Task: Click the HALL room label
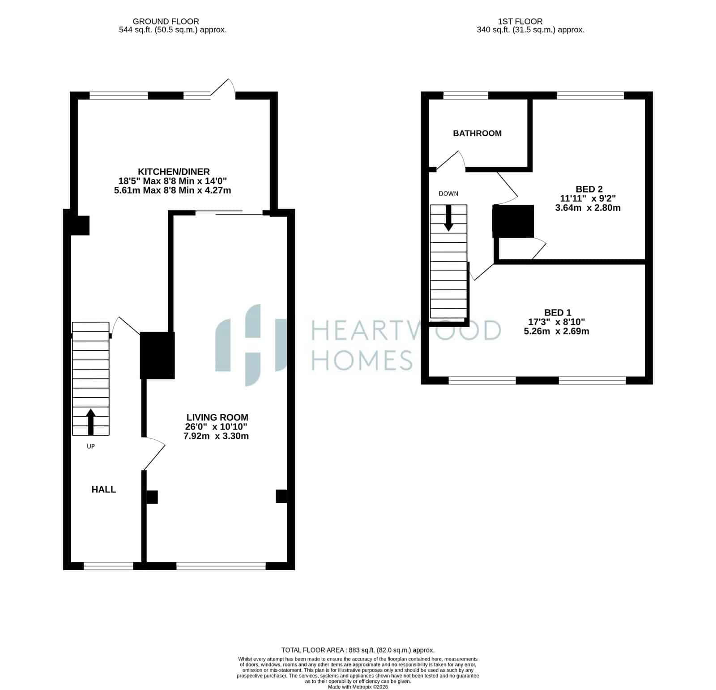coord(104,489)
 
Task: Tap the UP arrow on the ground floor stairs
coord(91,422)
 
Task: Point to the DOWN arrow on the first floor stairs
coord(448,218)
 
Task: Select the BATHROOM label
coord(477,133)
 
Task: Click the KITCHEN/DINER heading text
coord(174,172)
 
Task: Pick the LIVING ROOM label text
coord(217,417)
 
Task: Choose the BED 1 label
coord(558,312)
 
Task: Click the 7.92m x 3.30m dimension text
coord(216,436)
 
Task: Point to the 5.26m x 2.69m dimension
coord(556,331)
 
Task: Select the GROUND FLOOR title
coord(166,21)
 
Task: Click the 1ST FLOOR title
coord(520,21)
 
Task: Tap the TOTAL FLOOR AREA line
coord(358,650)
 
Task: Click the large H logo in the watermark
coord(251,345)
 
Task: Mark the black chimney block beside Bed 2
coord(513,221)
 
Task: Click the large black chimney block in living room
coord(157,356)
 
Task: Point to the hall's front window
coord(108,566)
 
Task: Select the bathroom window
coord(465,95)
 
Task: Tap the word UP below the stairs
coord(91,446)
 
